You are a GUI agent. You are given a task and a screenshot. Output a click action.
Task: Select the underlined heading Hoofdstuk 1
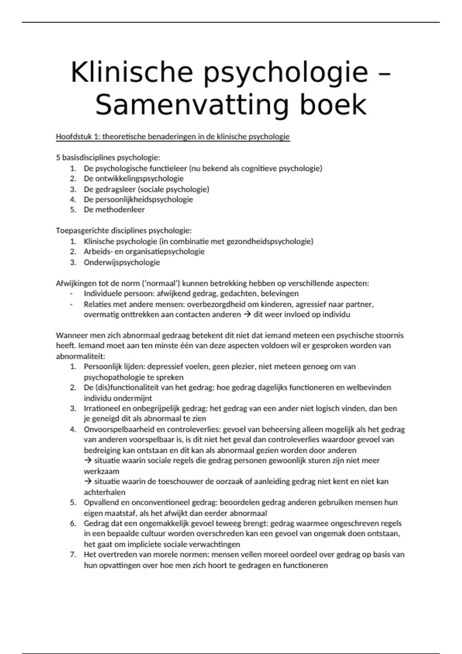coord(172,137)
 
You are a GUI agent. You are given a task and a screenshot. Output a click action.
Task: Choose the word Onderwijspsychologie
coord(122,262)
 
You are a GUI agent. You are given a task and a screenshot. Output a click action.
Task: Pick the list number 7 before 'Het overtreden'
coord(73,555)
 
